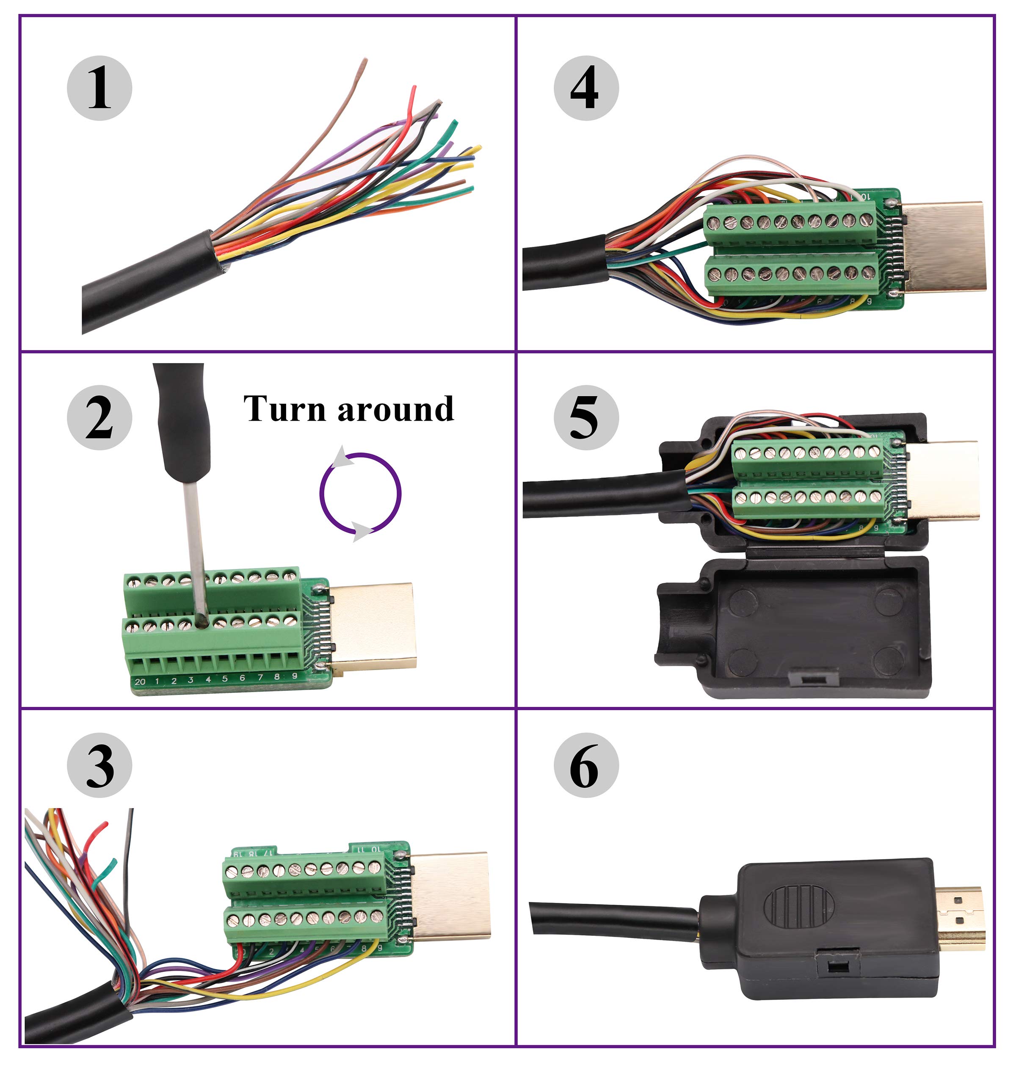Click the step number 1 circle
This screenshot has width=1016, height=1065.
tap(99, 88)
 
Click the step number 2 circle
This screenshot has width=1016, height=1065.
tap(99, 417)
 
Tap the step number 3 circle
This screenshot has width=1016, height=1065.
tap(99, 765)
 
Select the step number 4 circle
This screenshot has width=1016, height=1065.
tap(585, 88)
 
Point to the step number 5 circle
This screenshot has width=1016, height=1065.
tap(585, 417)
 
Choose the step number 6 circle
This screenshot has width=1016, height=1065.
tap(585, 765)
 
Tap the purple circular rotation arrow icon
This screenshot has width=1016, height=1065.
tap(360, 493)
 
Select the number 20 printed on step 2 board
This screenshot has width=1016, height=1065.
tap(140, 681)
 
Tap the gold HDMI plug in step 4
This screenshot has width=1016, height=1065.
tap(945, 246)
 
